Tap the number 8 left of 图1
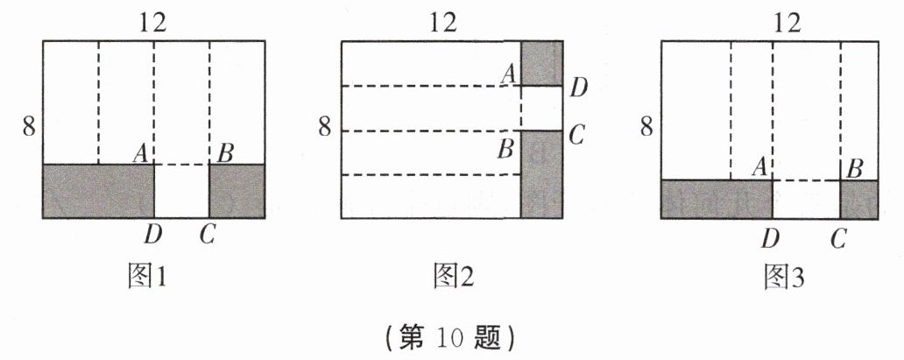tap(29, 127)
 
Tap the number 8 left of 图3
tap(646, 127)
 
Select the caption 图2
tap(454, 278)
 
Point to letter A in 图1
tap(139, 151)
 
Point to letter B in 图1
tap(224, 151)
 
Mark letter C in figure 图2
tap(576, 134)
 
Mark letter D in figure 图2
tap(578, 88)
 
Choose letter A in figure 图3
tap(760, 166)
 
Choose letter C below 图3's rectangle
tap(839, 236)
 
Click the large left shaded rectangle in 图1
tap(99, 190)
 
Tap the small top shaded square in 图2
tap(540, 63)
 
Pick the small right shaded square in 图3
tap(858, 199)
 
